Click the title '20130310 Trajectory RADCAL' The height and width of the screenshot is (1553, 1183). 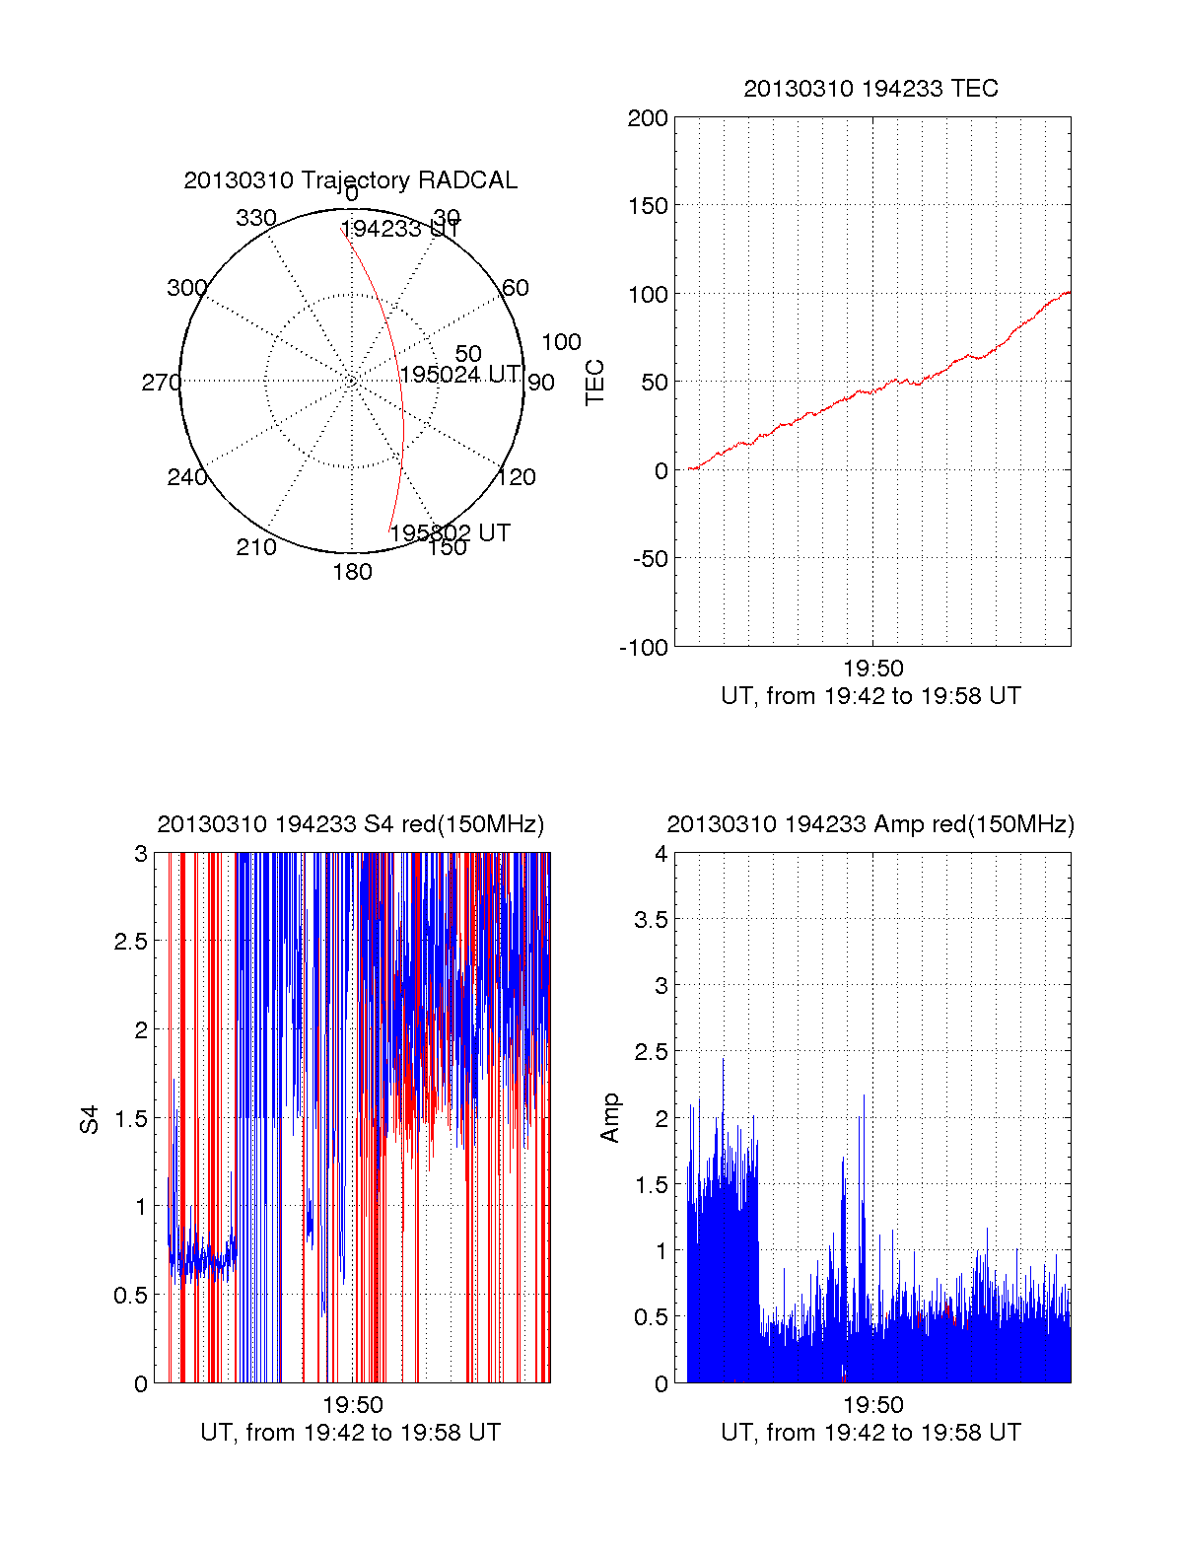tap(350, 180)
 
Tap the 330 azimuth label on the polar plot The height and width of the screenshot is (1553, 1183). tap(256, 218)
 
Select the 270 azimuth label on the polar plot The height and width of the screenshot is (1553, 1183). tap(161, 383)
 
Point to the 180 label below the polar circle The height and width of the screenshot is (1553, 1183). tap(352, 572)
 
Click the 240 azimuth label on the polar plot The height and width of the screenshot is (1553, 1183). tap(186, 477)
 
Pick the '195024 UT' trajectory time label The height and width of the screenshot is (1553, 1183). tap(459, 375)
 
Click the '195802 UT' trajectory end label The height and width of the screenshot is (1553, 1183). tap(450, 533)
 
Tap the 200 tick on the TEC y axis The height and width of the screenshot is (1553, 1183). tap(648, 118)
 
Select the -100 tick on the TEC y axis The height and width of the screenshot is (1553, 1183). tap(644, 648)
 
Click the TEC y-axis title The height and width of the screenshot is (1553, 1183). tap(595, 383)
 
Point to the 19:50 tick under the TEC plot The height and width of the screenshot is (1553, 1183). tap(872, 670)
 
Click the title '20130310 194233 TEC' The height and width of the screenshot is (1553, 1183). tap(870, 89)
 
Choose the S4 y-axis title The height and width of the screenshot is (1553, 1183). tap(90, 1119)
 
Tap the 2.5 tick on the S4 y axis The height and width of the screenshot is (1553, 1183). tap(131, 942)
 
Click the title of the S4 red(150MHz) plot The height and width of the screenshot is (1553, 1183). tap(350, 824)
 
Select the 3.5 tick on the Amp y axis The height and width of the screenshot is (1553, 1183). tap(652, 920)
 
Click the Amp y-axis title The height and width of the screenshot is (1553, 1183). tap(610, 1117)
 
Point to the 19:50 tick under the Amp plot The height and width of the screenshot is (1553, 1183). tap(872, 1405)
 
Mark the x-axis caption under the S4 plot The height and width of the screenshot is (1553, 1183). tap(350, 1433)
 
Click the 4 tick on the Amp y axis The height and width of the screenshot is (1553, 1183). tap(661, 854)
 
